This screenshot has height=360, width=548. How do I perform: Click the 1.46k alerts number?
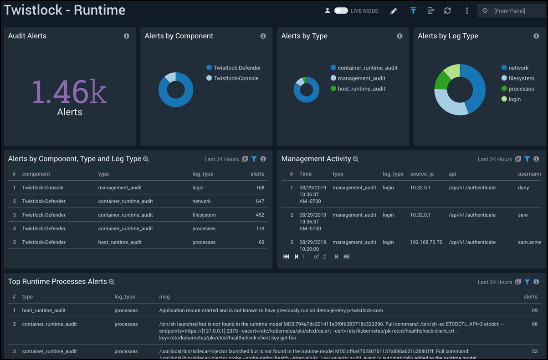(69, 91)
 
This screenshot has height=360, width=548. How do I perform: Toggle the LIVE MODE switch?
(341, 10)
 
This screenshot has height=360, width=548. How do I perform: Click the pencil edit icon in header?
(394, 11)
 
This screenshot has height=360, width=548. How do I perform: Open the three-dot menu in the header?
(467, 11)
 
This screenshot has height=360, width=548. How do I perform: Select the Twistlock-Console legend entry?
(236, 78)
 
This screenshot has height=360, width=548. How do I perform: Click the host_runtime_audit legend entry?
(361, 89)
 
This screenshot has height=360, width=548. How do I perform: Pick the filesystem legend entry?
(521, 78)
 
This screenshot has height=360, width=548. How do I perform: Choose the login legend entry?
(514, 99)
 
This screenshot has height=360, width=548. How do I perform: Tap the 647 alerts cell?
(260, 201)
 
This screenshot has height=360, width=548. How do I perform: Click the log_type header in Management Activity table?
(393, 174)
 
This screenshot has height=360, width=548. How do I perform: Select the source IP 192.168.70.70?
(426, 242)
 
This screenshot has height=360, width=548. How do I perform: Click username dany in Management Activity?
(523, 188)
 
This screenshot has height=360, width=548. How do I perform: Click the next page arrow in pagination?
(336, 257)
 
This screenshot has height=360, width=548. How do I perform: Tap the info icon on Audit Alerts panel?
(127, 36)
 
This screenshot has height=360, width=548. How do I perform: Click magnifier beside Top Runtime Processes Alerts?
(112, 282)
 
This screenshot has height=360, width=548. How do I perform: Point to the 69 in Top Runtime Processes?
(534, 310)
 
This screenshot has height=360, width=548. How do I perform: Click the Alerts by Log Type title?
(448, 36)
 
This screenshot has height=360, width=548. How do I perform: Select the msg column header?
(164, 297)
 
